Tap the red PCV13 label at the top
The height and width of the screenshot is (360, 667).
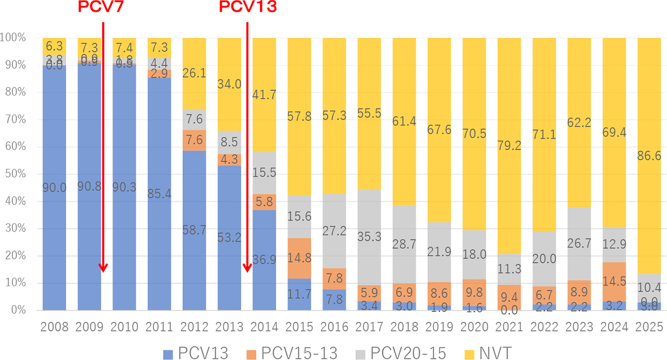coord(247,7)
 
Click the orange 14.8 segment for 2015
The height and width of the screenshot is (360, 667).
coord(299,252)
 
